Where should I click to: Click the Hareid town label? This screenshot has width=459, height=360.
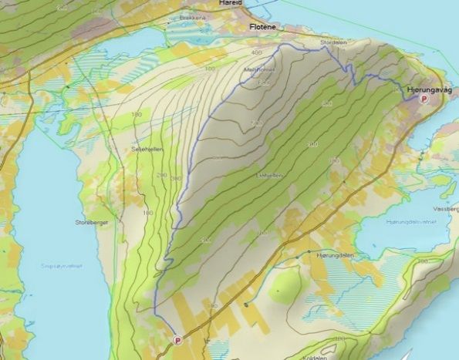pyautogui.click(x=231, y=3)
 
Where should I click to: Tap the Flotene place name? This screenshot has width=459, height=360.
pyautogui.click(x=263, y=26)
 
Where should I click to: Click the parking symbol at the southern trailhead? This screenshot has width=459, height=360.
pyautogui.click(x=178, y=338)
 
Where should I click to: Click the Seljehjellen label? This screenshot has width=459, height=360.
pyautogui.click(x=147, y=149)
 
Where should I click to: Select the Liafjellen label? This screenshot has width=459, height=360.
pyautogui.click(x=268, y=175)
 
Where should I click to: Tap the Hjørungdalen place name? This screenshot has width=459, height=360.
pyautogui.click(x=334, y=254)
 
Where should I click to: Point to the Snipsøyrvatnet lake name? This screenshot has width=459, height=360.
pyautogui.click(x=56, y=267)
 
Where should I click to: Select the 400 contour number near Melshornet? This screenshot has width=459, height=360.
pyautogui.click(x=256, y=52)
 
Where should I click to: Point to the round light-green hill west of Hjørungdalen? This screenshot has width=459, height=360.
pyautogui.click(x=285, y=286)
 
